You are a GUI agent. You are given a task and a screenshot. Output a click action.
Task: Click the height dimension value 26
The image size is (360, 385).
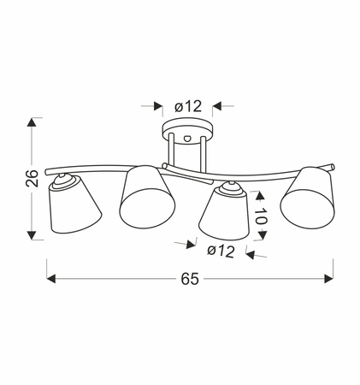click(30, 178)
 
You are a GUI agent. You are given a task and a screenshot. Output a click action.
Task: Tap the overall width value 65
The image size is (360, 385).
click(190, 280)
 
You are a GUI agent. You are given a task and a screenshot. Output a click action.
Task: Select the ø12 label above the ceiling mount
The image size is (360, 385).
click(187, 106)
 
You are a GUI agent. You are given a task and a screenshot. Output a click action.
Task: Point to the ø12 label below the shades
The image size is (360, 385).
click(221, 251)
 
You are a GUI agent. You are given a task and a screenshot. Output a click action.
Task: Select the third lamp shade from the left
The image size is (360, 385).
click(224, 217)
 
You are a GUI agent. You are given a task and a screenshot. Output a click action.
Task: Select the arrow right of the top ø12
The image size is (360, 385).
click(216, 106)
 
